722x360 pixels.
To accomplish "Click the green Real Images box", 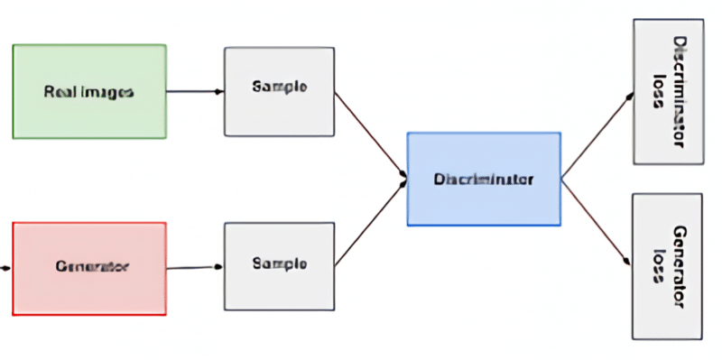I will (x=89, y=91).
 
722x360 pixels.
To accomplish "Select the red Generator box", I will (x=89, y=268).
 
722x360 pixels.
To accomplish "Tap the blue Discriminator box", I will (x=484, y=179).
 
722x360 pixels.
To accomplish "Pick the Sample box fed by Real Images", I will (x=279, y=88).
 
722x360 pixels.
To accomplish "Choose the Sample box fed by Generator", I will (x=279, y=265).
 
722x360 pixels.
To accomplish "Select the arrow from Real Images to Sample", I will (x=195, y=91).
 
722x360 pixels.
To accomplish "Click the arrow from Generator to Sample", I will (x=195, y=267).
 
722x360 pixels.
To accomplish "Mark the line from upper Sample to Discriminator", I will (x=370, y=134).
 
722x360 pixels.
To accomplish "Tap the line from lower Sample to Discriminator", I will (x=370, y=222).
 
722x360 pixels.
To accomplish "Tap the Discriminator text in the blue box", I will (x=484, y=179).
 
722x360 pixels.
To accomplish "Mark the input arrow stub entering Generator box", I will (x=6, y=268).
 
